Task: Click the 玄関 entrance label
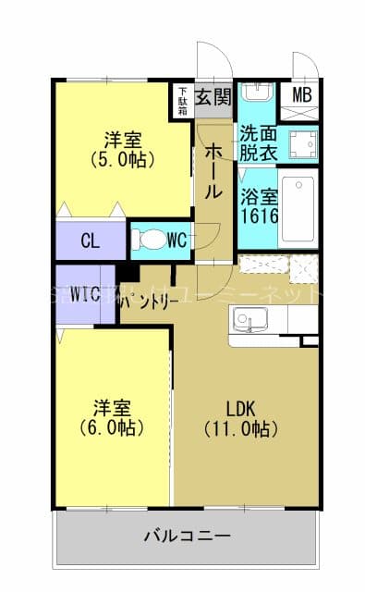tap(213, 97)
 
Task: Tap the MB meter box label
tap(302, 94)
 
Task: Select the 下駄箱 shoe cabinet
tap(182, 100)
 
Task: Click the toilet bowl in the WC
tap(148, 240)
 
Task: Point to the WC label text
tap(178, 240)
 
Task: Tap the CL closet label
tap(90, 241)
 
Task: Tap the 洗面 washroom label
tap(256, 131)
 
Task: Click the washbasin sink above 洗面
tap(256, 94)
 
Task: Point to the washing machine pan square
tap(301, 142)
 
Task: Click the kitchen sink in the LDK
tap(247, 322)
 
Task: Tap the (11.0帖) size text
tap(241, 429)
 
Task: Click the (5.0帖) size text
tap(122, 159)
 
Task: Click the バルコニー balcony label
tap(188, 536)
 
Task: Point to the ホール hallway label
tap(213, 170)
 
